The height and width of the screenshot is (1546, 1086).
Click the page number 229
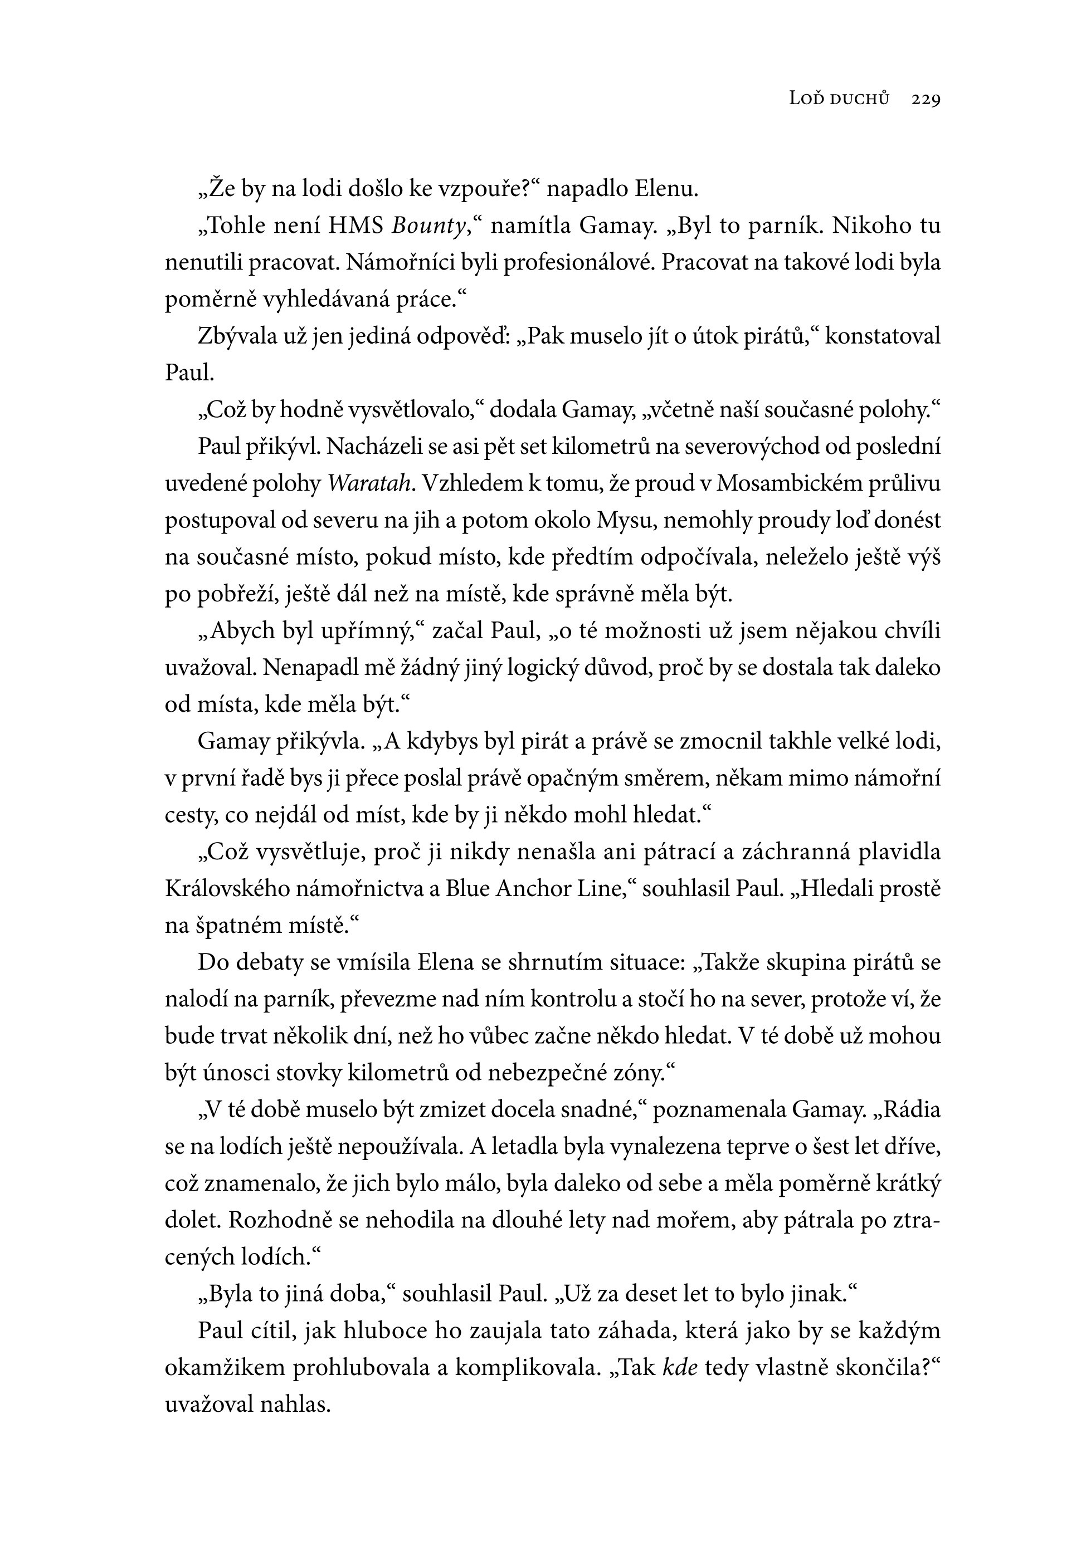tap(926, 100)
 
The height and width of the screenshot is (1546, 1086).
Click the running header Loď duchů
tap(839, 100)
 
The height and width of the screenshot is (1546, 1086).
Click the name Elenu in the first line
tap(666, 189)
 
